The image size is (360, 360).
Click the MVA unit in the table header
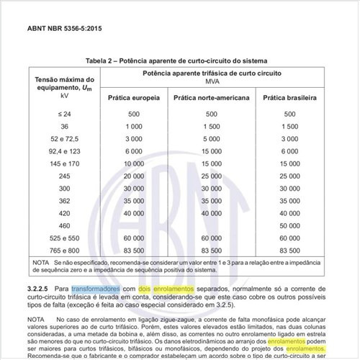pyautogui.click(x=212, y=82)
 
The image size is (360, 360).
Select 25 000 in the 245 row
pyautogui.click(x=212, y=176)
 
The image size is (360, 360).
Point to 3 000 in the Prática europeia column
pyautogui.click(x=133, y=138)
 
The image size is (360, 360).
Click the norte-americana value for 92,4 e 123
pyautogui.click(x=212, y=150)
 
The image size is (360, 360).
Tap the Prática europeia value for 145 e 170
pyautogui.click(x=133, y=163)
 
